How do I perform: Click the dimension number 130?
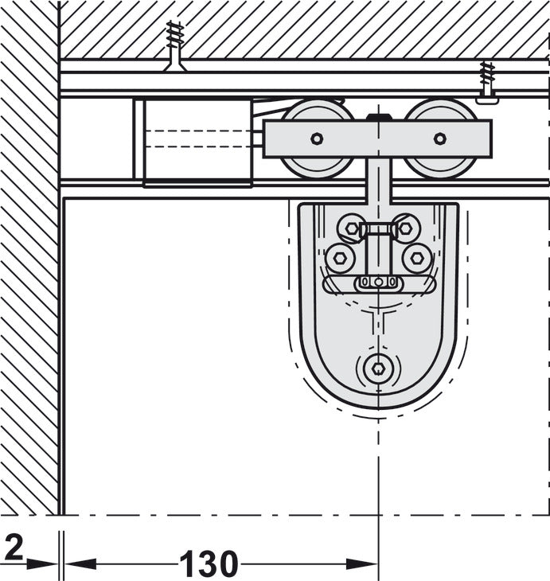(x=209, y=564)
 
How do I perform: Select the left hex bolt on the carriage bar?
(x=317, y=138)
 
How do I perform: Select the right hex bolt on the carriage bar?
(x=440, y=138)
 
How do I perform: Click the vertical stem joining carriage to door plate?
(x=378, y=181)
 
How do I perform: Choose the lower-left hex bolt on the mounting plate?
(x=340, y=258)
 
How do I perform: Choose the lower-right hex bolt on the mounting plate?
(x=416, y=258)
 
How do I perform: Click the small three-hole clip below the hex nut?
(x=377, y=282)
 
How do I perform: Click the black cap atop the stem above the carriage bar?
(x=379, y=118)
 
